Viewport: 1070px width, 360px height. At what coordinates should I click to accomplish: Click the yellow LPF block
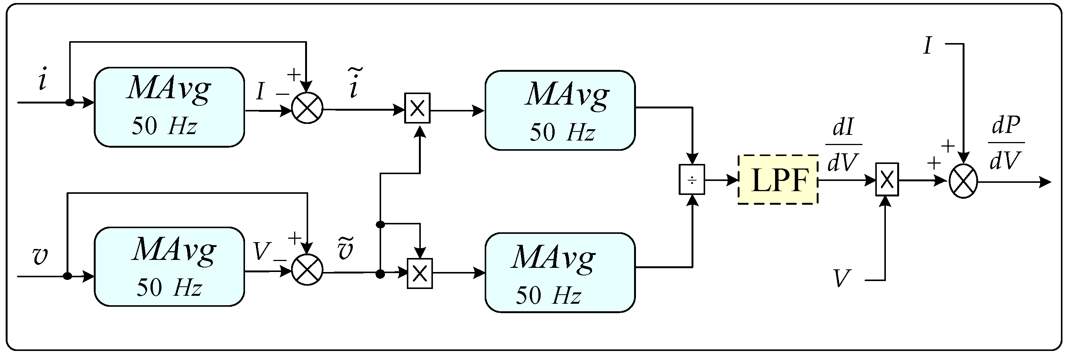click(x=778, y=180)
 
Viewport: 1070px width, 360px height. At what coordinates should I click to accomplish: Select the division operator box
click(x=692, y=180)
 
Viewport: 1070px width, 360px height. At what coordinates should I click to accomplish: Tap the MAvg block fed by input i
click(x=169, y=107)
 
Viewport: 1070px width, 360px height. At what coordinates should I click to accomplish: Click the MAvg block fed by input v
click(x=169, y=267)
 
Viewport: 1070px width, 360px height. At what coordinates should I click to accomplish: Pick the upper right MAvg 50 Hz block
click(x=560, y=110)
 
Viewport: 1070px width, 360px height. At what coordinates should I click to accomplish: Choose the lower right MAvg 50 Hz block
click(x=560, y=272)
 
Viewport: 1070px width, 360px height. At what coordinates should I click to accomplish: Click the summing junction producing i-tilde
click(x=307, y=108)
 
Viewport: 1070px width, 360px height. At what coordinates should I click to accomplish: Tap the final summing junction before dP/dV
click(x=964, y=181)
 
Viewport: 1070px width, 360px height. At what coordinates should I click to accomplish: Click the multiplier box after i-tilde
click(x=417, y=108)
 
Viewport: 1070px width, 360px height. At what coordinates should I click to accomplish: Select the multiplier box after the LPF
click(x=887, y=179)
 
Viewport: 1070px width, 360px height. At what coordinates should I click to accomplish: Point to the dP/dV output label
click(x=1006, y=143)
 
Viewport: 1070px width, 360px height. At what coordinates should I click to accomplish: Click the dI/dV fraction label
click(x=843, y=145)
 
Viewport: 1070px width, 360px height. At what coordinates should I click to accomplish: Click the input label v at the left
click(x=40, y=256)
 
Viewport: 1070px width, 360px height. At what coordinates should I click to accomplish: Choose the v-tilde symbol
click(x=346, y=249)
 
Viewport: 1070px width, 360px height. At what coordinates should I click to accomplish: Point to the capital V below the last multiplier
click(x=842, y=279)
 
